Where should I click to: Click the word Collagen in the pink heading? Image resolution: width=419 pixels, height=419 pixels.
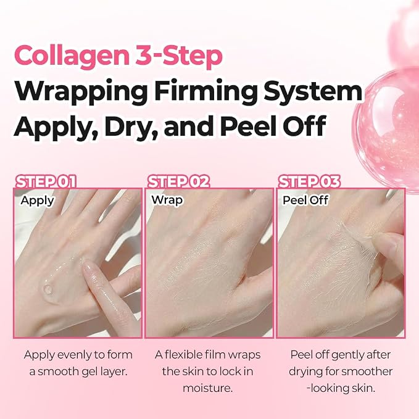coord(72,57)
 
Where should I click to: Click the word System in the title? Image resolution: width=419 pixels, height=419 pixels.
coord(312,92)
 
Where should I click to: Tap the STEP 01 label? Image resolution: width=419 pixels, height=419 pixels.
coord(46,181)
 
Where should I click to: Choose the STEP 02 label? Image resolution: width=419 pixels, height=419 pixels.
coord(178,181)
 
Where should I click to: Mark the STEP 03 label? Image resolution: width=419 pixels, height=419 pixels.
coord(309,181)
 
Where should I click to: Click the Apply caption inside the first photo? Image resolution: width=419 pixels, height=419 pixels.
coord(38,201)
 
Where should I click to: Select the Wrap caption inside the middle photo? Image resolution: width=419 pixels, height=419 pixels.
coord(167,200)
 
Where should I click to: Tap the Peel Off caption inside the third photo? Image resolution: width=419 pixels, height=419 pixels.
coord(305,200)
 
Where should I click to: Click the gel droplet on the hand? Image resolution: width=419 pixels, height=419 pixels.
coord(48,289)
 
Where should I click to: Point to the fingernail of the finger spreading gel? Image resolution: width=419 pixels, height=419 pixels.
coord(89,268)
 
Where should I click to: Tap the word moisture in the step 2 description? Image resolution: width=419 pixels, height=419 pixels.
coord(207,388)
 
